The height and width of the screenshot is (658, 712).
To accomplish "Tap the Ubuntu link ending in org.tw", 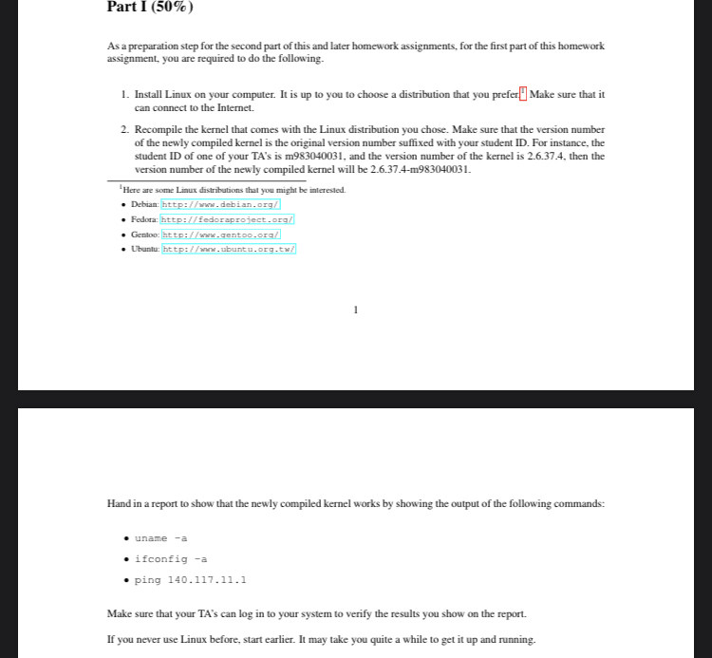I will [229, 249].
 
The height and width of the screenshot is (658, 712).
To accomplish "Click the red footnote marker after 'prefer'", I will [522, 93].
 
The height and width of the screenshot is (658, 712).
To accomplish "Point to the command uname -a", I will [160, 538].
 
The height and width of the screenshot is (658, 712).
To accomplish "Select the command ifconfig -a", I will [170, 559].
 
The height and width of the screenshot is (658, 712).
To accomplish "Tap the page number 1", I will [355, 309].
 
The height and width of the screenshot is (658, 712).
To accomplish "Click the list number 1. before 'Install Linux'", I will [125, 95].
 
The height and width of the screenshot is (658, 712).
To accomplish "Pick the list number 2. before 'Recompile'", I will [125, 129].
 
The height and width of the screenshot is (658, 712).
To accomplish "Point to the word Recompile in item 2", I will [162, 129].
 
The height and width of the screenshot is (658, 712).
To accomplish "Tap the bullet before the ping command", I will [126, 579].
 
